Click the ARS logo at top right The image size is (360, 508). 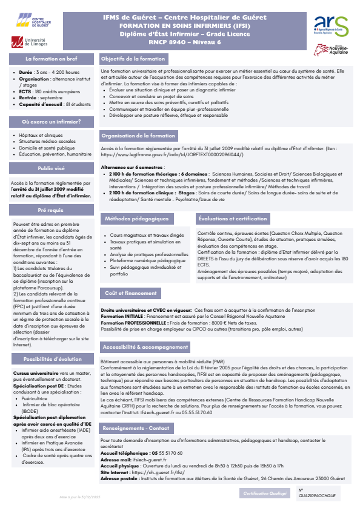coord(331,25)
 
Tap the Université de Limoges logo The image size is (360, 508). coord(29,41)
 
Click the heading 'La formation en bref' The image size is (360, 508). coord(50,59)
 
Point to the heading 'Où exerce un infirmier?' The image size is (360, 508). coord(50,122)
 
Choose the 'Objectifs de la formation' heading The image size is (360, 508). coord(133,59)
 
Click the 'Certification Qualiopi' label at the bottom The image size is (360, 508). coord(265,493)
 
